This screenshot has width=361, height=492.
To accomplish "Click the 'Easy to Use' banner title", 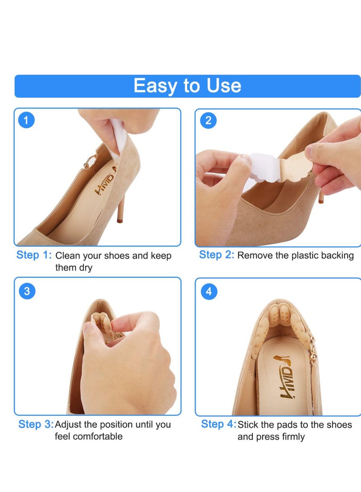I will click(x=187, y=86).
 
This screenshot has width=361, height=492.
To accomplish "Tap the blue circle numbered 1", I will click(x=27, y=120).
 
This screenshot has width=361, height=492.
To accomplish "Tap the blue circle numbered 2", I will click(x=208, y=120).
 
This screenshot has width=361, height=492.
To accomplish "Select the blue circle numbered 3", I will click(x=27, y=291).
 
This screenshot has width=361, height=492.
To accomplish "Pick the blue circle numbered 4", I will click(x=208, y=291).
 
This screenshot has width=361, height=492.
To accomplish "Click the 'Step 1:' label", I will click(x=34, y=255).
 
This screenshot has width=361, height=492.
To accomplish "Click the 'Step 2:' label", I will click(x=217, y=255).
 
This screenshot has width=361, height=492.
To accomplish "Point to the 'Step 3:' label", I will click(x=36, y=424).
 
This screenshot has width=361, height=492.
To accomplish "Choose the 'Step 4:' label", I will click(x=218, y=424).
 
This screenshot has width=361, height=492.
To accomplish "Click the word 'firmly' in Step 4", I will click(x=292, y=437).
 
